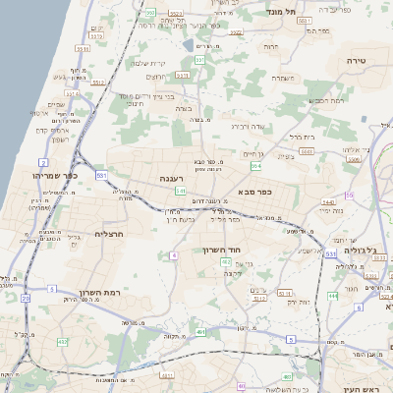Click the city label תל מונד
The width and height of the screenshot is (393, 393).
(281, 11)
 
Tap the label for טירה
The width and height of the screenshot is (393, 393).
(354, 61)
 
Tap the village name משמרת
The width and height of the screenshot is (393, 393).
(280, 78)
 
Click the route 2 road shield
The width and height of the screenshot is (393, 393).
(43, 162)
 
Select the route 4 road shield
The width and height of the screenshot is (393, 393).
(173, 255)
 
